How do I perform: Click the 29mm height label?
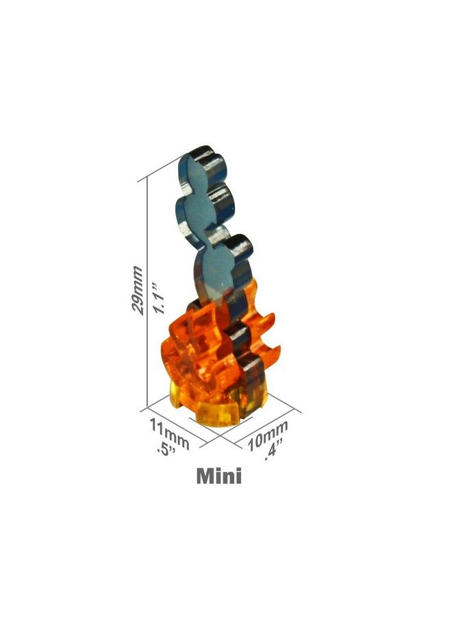tap(137, 290)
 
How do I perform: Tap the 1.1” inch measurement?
tap(159, 298)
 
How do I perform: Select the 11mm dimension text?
tap(170, 434)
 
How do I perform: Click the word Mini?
tap(218, 476)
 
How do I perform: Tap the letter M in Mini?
tap(205, 476)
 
